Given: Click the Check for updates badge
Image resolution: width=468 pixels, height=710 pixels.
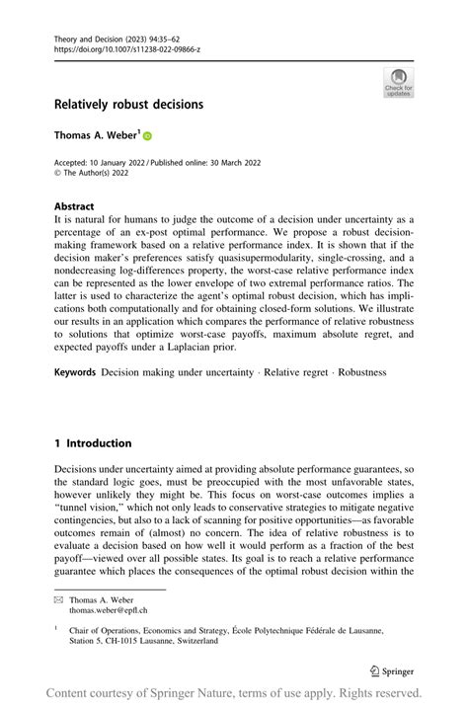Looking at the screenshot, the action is (x=398, y=83).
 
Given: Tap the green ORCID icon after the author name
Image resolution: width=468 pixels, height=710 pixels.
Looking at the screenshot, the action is (x=149, y=134).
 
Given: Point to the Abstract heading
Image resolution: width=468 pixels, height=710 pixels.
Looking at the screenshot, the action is (x=77, y=209).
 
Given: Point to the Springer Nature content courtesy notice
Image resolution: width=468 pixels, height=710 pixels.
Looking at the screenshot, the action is (x=234, y=693).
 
